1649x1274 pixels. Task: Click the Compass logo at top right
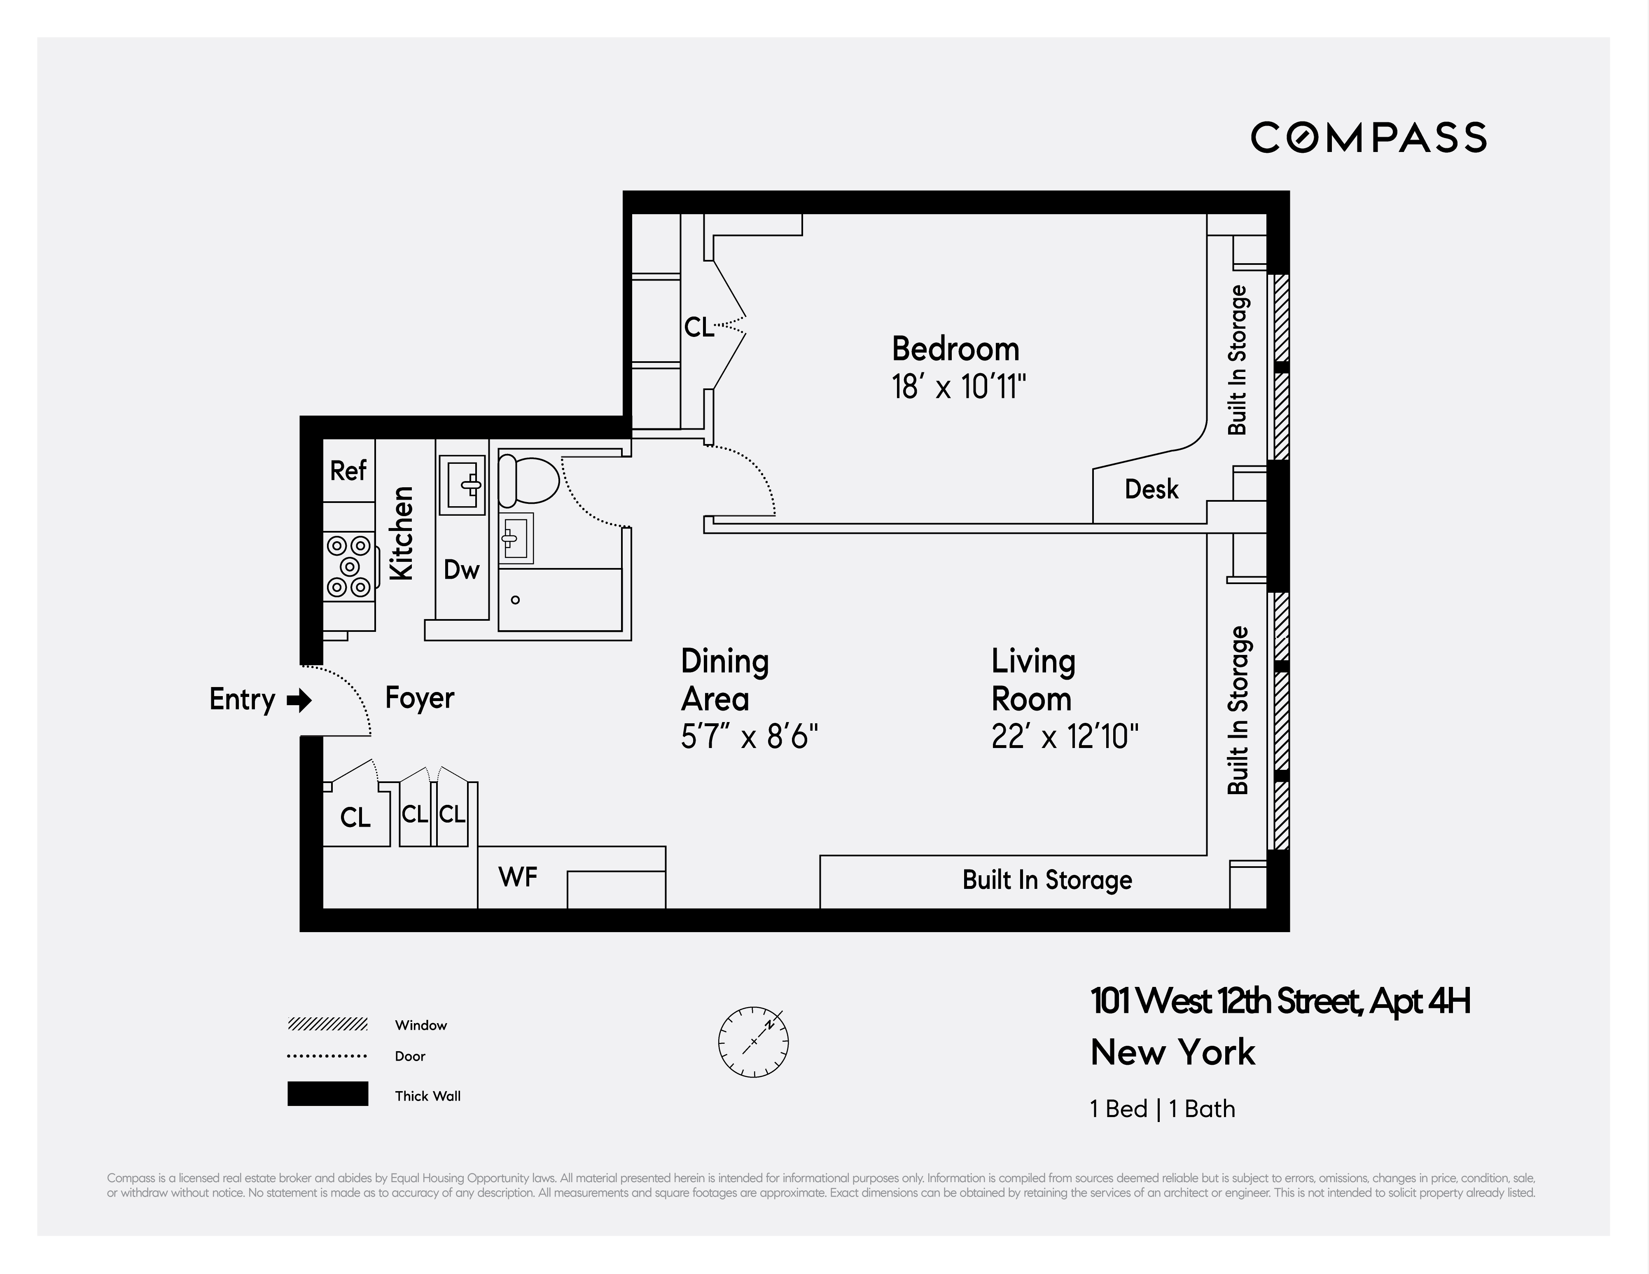point(1368,138)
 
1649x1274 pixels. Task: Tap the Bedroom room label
point(955,349)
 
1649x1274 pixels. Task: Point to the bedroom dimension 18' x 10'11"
point(958,388)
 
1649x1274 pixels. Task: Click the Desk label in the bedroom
point(1151,489)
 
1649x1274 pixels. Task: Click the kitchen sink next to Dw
point(462,484)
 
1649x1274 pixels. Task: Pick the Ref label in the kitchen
point(348,470)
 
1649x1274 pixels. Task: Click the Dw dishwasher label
point(461,569)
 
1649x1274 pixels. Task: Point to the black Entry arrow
point(300,700)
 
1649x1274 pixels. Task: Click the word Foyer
point(419,698)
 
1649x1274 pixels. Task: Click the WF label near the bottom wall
point(518,877)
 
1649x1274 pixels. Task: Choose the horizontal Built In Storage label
point(1046,880)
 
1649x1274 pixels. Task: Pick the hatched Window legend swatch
point(328,1025)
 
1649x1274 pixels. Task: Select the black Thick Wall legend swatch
point(328,1094)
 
